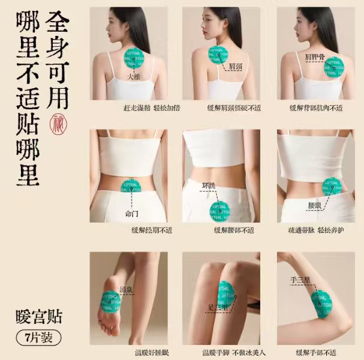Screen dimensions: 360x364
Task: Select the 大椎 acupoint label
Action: [x=134, y=77]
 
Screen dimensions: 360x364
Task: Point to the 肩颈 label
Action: [x=236, y=67]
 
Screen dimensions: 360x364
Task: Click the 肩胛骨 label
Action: [x=315, y=57]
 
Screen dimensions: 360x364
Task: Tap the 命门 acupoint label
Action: [x=131, y=212]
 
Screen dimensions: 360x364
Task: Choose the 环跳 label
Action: [x=208, y=185]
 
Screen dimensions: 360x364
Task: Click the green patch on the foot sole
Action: [x=112, y=303]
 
